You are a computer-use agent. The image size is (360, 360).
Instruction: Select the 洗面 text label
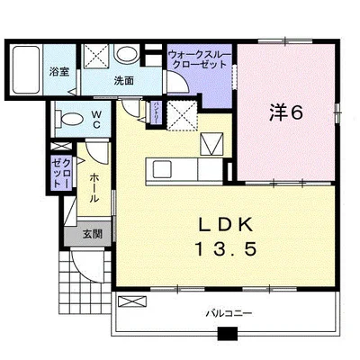pyautogui.click(x=124, y=80)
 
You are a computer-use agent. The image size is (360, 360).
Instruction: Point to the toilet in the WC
pyautogui.click(x=67, y=117)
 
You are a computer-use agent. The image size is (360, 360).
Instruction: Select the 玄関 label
pyautogui.click(x=92, y=234)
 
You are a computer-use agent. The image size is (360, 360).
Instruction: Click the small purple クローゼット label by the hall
pyautogui.click(x=59, y=173)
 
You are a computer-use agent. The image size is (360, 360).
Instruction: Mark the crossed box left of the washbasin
pyautogui.click(x=96, y=55)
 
